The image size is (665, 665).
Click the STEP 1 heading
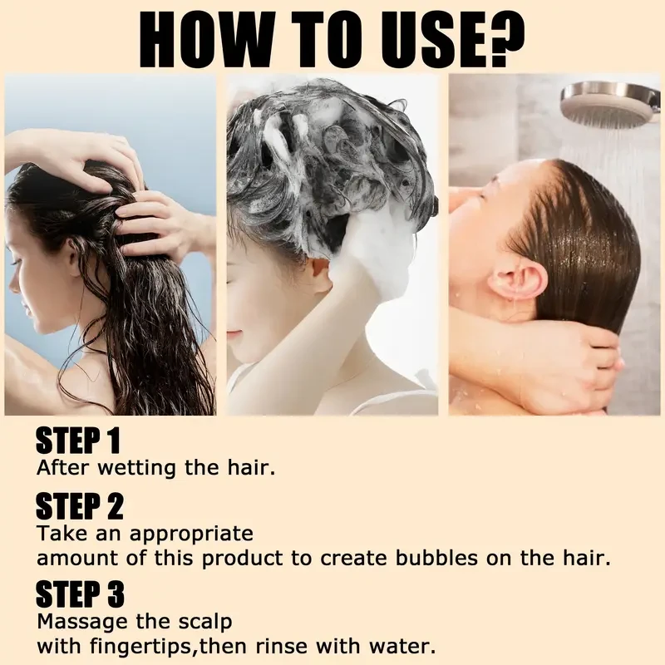[x=78, y=441]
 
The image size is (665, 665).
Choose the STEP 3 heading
[x=80, y=594]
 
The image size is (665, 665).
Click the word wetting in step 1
[x=136, y=468]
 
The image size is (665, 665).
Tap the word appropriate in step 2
[x=191, y=534]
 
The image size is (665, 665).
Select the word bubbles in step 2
[x=437, y=557]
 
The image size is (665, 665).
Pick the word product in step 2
[x=242, y=559]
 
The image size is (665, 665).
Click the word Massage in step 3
[x=83, y=623]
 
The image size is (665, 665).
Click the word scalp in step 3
[x=205, y=623]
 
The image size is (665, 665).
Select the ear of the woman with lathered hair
[x=319, y=275]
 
